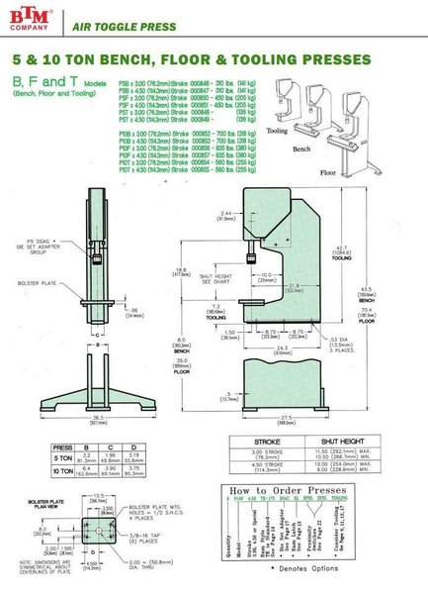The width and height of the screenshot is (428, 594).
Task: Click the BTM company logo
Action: coord(31,17)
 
